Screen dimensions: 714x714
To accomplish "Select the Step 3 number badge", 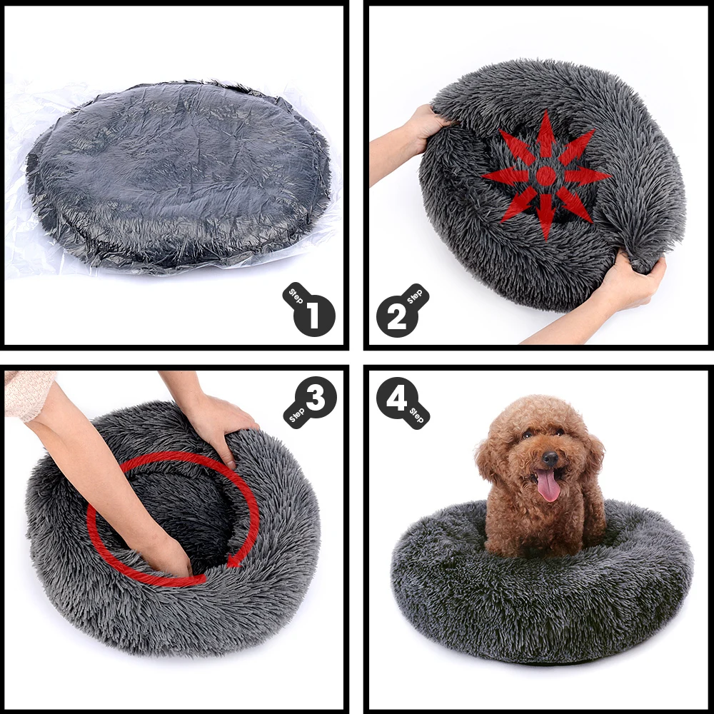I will click(314, 398).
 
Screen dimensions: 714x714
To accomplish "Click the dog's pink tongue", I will click(548, 486).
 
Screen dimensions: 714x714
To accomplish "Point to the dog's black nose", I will click(550, 457).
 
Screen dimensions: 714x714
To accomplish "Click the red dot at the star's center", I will click(546, 176).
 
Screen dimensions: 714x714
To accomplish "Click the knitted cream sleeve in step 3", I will click(29, 393).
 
